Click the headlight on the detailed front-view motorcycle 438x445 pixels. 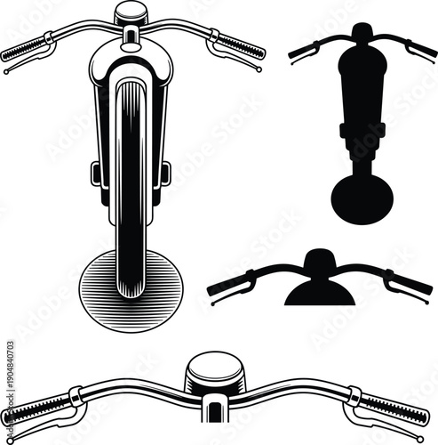(130, 12)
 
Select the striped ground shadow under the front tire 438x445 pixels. (130, 280)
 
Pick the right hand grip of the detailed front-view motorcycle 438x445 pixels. (240, 46)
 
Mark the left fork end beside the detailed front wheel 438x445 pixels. (96, 173)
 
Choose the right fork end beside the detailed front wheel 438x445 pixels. (164, 173)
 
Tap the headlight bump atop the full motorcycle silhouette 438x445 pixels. (362, 32)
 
